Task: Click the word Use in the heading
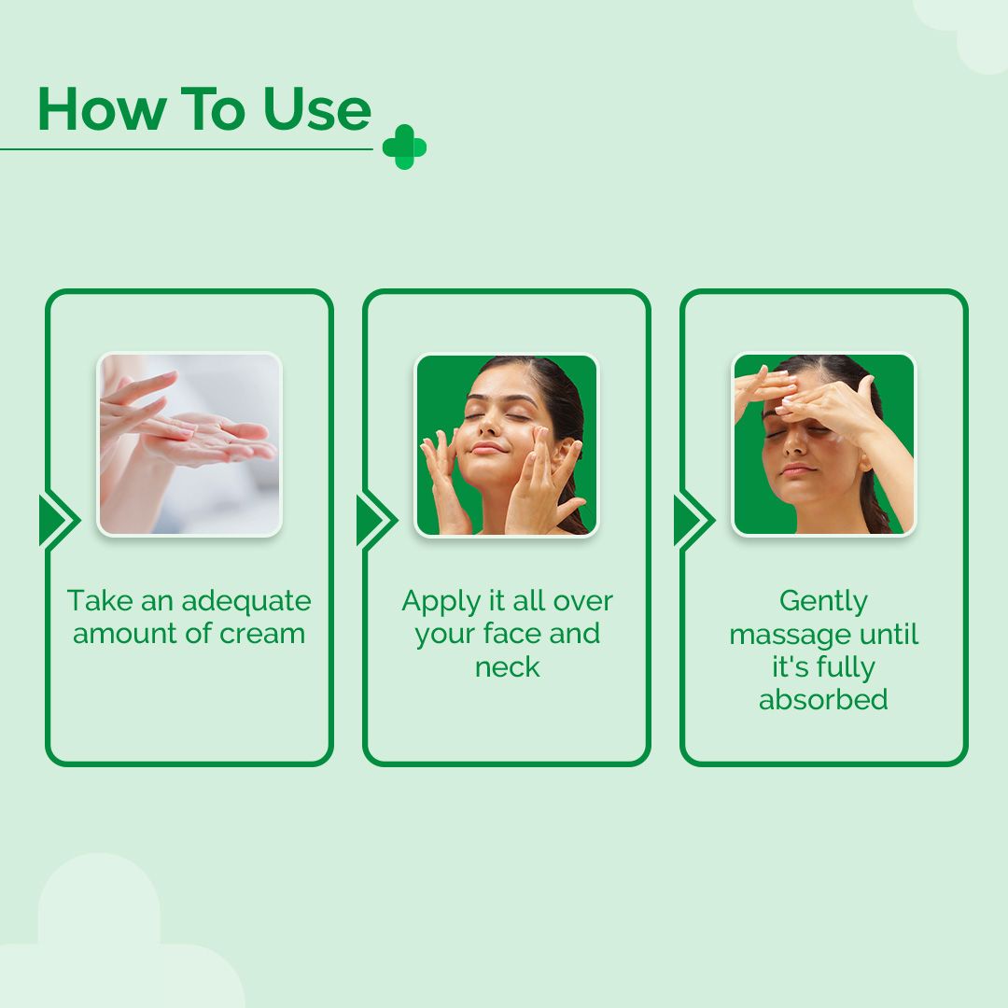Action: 317,109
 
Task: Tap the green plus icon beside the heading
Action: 404,147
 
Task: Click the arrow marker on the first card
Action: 59,520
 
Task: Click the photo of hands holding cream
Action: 189,444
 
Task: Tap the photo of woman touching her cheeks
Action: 507,445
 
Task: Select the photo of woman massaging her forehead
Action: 824,444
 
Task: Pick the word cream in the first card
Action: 261,634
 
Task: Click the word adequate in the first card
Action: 246,602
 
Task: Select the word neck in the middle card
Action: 507,666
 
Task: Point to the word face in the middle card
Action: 512,633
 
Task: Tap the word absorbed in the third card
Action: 823,699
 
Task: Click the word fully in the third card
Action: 845,668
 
